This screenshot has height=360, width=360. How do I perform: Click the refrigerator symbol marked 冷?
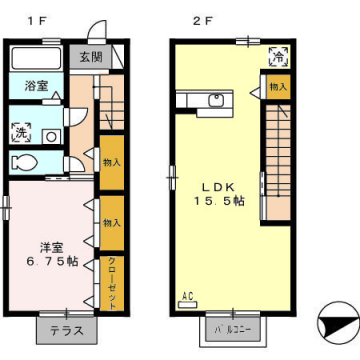277,58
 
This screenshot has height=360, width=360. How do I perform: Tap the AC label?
187,296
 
